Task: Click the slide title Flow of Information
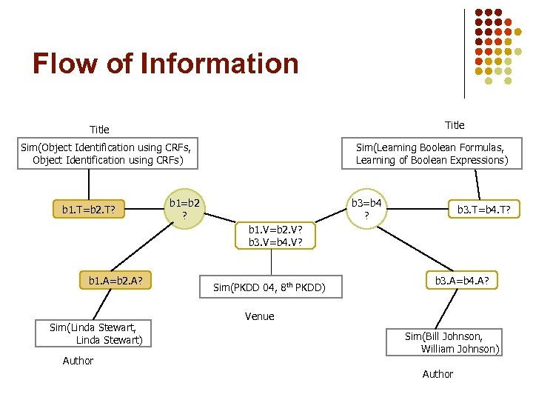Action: pos(165,64)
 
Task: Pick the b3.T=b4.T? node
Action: pos(489,210)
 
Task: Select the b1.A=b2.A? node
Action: pos(115,281)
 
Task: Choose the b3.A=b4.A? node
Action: pos(466,281)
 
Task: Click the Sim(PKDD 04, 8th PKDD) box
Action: pos(270,287)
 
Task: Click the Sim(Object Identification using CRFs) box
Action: pos(107,154)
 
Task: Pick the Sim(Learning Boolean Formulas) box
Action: pos(432,154)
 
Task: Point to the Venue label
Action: pos(259,316)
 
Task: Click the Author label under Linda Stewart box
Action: pos(78,361)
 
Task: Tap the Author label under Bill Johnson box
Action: pos(438,374)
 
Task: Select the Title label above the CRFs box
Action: pos(99,130)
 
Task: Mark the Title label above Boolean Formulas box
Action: pos(455,124)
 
